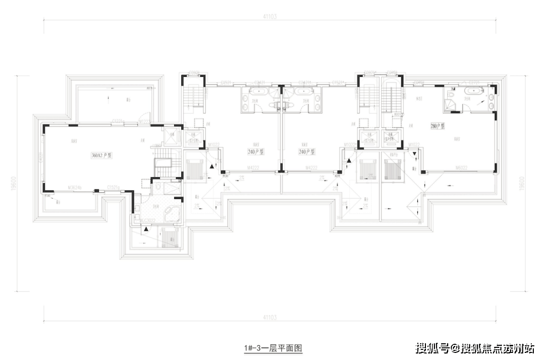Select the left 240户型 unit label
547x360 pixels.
tap(256, 151)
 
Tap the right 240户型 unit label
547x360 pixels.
tap(307, 151)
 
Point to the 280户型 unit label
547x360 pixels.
tap(437, 126)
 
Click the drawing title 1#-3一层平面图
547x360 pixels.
tap(273, 348)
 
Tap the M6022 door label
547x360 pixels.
tap(460, 168)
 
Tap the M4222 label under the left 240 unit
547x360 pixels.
tap(254, 168)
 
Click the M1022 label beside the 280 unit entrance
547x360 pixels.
tap(414, 144)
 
